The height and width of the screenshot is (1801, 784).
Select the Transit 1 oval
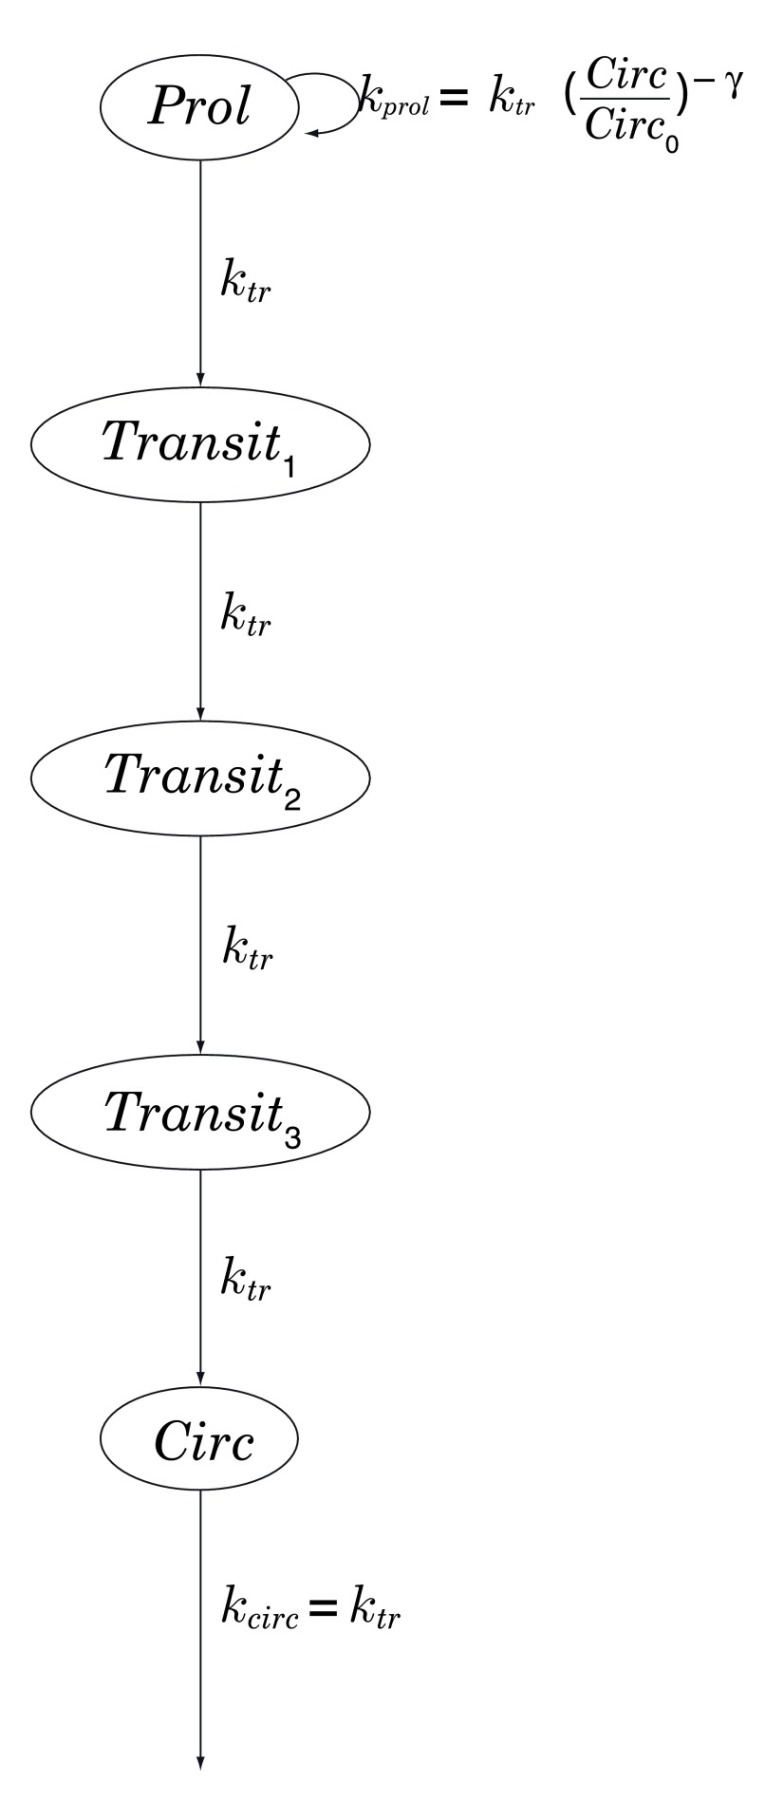(199, 443)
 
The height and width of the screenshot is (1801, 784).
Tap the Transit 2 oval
(199, 778)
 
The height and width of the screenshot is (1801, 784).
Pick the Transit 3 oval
(199, 1112)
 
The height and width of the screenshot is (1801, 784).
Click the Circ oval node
(199, 1444)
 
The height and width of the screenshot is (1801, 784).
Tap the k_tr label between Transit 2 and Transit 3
(247, 947)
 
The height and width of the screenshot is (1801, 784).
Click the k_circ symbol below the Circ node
(259, 1611)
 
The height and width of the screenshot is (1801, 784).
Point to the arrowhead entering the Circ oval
(199, 1379)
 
